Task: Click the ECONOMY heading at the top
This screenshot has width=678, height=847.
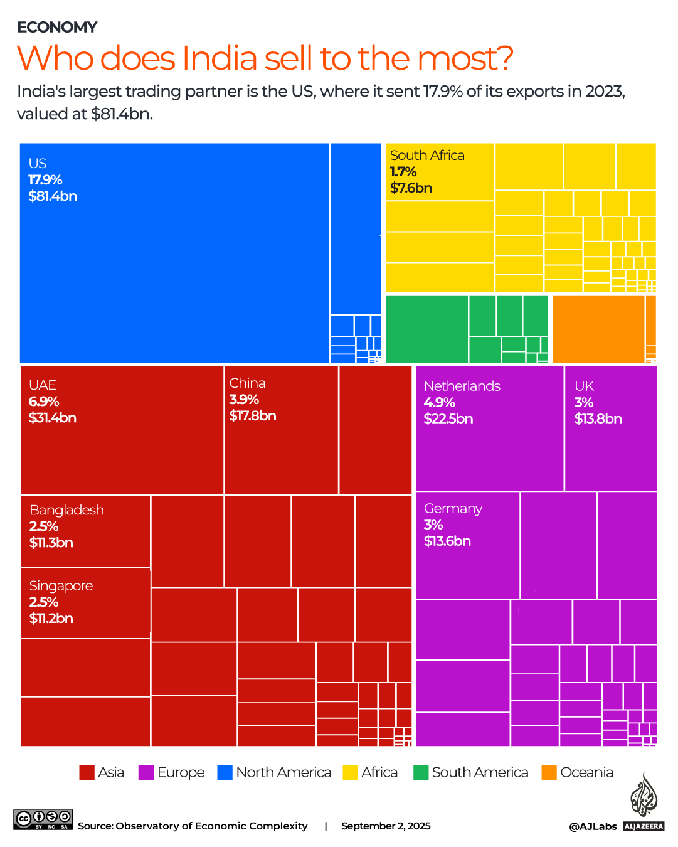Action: click(57, 27)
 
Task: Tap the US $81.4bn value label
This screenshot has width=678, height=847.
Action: click(53, 196)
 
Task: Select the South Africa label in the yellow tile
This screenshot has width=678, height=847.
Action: click(427, 156)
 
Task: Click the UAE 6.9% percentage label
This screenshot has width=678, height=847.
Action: click(44, 402)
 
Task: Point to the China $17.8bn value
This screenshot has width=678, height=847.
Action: click(252, 416)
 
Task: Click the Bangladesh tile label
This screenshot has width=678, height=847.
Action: click(66, 510)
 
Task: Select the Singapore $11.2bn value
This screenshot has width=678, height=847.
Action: click(51, 619)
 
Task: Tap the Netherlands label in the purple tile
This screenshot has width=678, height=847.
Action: click(462, 386)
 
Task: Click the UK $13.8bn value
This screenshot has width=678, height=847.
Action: click(598, 419)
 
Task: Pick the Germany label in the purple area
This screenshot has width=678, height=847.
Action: click(453, 509)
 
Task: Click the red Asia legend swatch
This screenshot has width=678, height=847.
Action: click(87, 773)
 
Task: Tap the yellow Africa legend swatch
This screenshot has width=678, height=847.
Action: click(350, 773)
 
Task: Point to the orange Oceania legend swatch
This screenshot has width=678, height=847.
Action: click(549, 773)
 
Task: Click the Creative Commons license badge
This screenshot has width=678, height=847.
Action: click(43, 819)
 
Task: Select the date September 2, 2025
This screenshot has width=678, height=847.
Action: click(386, 826)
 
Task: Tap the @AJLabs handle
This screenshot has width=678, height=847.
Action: click(593, 827)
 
